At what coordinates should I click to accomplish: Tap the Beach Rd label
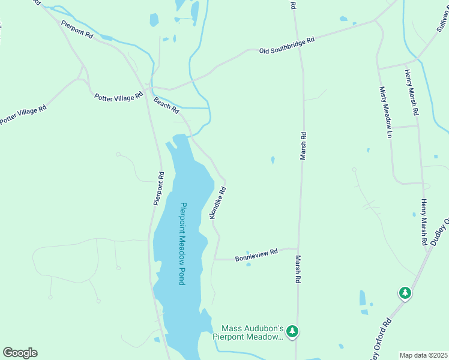point(166,105)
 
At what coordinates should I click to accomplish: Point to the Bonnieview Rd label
point(256,254)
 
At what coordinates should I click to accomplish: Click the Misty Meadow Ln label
point(385,112)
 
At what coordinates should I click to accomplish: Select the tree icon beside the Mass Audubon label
point(292,331)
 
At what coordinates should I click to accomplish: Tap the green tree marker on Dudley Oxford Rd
point(406,293)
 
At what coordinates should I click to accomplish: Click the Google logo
point(20,352)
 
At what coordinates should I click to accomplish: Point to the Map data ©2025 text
point(424,355)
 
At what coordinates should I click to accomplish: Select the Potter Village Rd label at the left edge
point(23,115)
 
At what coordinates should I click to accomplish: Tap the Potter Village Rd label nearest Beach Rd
point(119,96)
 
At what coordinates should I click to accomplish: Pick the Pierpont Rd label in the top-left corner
point(77,30)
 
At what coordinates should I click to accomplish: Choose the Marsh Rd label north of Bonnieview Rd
point(303,146)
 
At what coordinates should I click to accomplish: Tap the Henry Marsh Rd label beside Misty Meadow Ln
point(411,93)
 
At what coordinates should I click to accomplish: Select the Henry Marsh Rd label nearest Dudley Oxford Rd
point(424,222)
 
